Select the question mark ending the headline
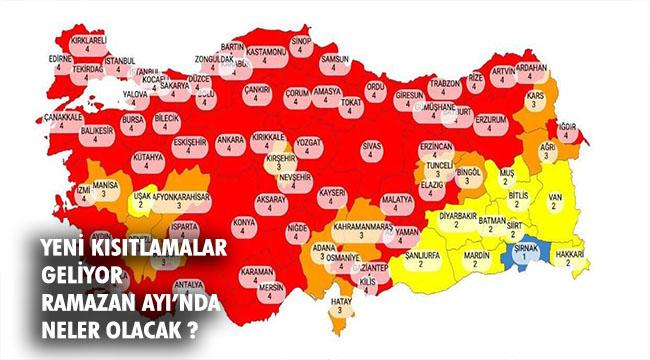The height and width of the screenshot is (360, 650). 190,327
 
